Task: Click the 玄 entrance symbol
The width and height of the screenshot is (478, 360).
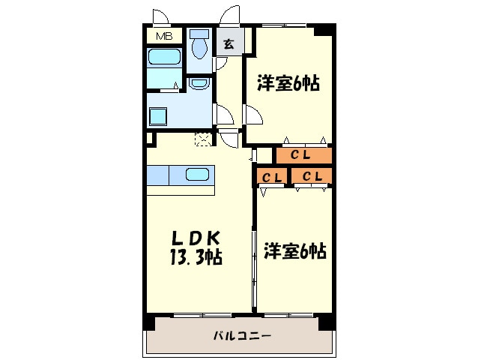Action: pos(229,43)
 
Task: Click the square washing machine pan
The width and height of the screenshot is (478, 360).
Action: pos(160,116)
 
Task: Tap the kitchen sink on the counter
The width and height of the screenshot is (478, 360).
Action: pos(197,175)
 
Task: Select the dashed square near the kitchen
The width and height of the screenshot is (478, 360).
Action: pos(202,139)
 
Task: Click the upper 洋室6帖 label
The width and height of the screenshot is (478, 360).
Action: pos(288,83)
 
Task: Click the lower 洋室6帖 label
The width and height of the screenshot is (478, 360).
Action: pos(294,250)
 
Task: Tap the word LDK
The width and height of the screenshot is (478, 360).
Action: pos(194,238)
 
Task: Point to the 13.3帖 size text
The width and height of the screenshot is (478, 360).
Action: pos(196,258)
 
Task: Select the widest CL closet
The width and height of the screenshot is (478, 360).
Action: pos(303,155)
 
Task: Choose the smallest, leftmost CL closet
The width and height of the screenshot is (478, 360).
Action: pos(272,177)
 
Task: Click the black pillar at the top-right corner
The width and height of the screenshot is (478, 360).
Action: pos(324,30)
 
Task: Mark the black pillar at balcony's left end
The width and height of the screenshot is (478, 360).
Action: pos(149,322)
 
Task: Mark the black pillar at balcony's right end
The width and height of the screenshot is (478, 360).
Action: pos(327,322)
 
